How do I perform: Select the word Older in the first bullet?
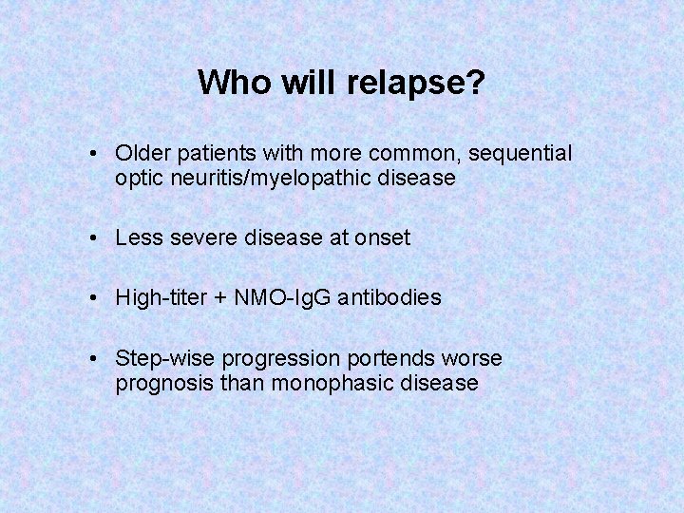[x=142, y=153]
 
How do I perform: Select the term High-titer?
[x=158, y=297]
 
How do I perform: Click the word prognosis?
[x=159, y=383]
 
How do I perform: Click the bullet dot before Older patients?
[x=96, y=154]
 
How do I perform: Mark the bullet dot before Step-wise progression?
[x=96, y=359]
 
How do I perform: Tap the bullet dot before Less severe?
[x=96, y=238]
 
